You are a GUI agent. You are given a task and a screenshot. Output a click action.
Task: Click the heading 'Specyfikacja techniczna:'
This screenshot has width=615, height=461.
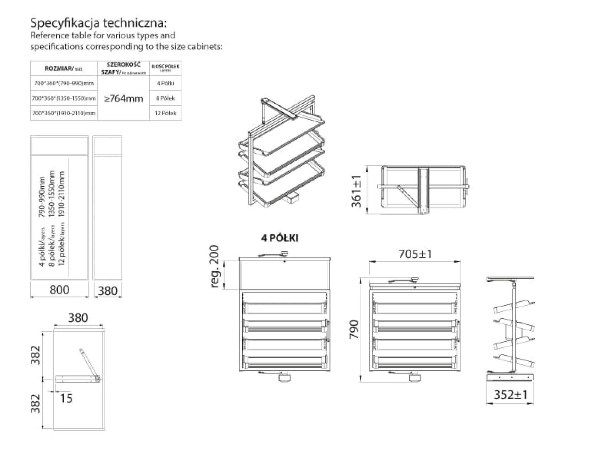[x=99, y=23]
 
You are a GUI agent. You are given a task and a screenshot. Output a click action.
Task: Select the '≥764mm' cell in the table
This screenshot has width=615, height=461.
[x=124, y=98]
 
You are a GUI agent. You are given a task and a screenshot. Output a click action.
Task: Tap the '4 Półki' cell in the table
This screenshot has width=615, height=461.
[x=165, y=83]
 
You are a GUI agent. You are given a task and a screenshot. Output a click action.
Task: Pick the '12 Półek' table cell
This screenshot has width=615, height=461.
[x=165, y=113]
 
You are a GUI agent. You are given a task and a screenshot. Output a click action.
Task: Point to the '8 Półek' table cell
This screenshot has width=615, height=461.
[x=165, y=98]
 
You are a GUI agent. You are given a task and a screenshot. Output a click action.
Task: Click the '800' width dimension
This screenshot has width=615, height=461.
[x=59, y=290]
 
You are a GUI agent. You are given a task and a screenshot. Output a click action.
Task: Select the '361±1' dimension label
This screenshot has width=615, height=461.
[x=356, y=191]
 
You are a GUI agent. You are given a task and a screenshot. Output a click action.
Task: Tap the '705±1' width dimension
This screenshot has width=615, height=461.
[x=415, y=254]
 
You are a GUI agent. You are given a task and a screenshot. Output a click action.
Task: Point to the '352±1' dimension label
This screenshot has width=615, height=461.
[x=510, y=395]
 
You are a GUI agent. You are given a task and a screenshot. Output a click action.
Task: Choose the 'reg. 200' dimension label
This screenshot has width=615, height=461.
[x=214, y=266]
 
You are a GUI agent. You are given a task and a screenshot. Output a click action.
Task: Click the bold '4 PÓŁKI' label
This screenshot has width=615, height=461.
[x=280, y=238]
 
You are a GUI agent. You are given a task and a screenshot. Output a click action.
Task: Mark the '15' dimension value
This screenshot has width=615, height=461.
[x=66, y=398]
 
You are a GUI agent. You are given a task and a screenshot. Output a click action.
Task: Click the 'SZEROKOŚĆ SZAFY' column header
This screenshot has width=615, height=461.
[x=123, y=68]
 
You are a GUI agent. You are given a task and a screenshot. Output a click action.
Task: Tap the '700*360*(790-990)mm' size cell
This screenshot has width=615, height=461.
[x=64, y=83]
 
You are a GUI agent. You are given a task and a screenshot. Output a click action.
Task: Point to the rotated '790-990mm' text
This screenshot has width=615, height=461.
[x=42, y=196]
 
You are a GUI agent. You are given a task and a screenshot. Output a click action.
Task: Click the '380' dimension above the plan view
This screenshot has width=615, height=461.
[x=78, y=318]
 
